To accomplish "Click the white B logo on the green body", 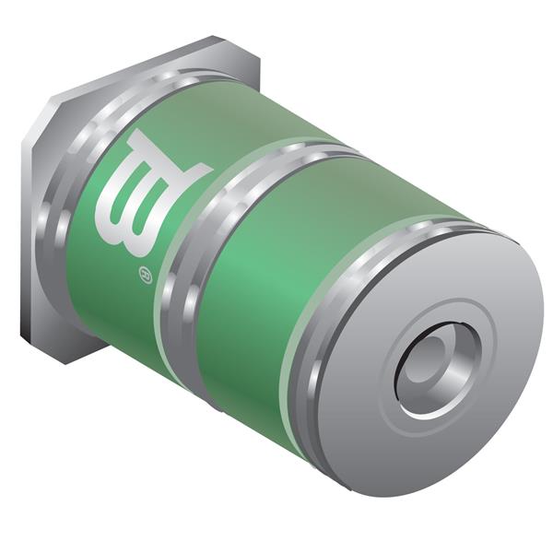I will click(x=151, y=198).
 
